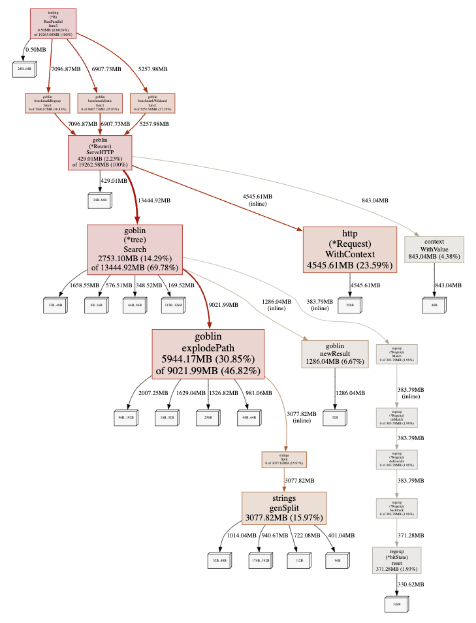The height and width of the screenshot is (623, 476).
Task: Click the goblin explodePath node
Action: [x=208, y=353]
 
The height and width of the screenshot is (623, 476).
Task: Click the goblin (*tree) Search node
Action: [x=135, y=249]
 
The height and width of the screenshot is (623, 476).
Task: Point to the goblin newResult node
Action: [x=335, y=354]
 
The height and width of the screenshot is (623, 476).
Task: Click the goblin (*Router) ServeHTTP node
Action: [x=100, y=153]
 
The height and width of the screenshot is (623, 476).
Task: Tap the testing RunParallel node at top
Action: [x=53, y=24]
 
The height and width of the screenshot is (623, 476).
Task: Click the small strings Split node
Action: [x=284, y=460]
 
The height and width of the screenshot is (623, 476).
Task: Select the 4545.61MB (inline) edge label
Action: [x=257, y=200]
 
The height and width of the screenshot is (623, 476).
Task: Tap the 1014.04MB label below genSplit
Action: [x=241, y=535]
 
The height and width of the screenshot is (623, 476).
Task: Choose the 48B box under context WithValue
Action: [x=434, y=304]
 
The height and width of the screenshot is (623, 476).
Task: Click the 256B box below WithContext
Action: [x=349, y=305]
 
